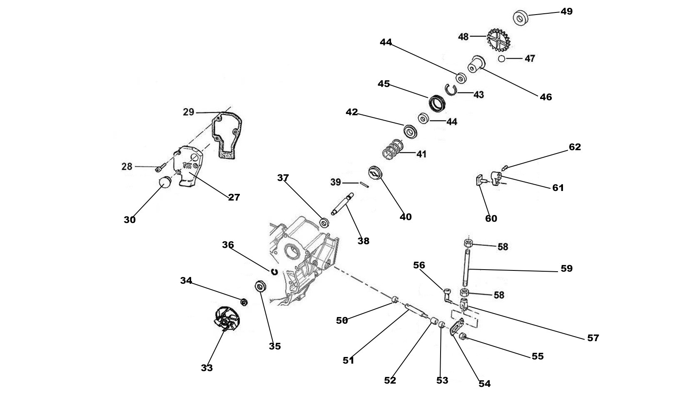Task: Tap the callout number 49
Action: (566, 11)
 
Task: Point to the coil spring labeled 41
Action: (393, 149)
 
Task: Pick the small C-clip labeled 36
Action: (274, 272)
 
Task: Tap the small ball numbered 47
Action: (502, 59)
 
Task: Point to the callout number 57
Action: (593, 337)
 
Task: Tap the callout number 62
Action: (575, 147)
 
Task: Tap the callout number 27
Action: (234, 197)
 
